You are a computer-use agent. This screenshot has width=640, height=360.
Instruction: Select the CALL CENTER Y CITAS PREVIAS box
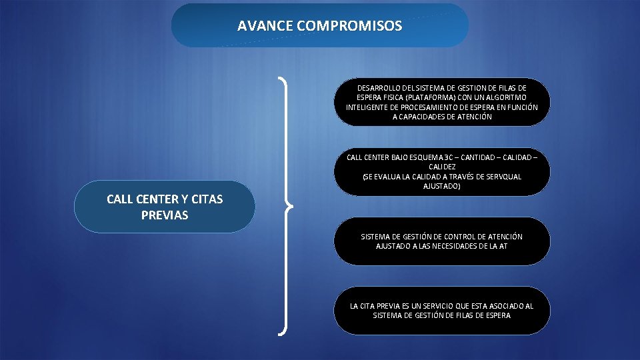(x=165, y=207)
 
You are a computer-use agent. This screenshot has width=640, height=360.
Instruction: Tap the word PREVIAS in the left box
(x=165, y=215)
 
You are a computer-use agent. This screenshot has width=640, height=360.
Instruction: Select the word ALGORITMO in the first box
(x=505, y=97)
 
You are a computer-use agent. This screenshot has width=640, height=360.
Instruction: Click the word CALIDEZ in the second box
(x=442, y=167)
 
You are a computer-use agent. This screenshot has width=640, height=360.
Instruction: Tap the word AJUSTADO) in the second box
(x=442, y=186)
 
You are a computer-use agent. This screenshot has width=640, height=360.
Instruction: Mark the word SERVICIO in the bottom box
(x=433, y=306)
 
